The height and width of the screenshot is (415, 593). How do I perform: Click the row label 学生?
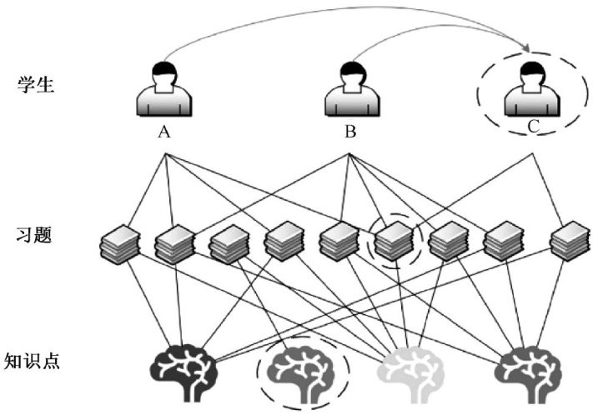[36, 84]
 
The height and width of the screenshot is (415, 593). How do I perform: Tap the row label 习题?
[33, 235]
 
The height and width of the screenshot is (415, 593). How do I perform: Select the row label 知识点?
[33, 361]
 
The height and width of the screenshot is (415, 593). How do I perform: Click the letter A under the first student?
[164, 132]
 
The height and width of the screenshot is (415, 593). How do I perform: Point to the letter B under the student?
[350, 132]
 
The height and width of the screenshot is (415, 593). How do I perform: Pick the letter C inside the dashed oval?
[533, 126]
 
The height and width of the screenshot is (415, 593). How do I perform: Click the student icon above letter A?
[164, 89]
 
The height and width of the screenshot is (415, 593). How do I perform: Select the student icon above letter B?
[352, 89]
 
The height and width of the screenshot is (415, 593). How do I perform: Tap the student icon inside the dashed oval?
[532, 89]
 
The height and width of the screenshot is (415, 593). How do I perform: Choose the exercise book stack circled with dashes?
[394, 241]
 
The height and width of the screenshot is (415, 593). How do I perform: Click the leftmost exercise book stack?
[120, 244]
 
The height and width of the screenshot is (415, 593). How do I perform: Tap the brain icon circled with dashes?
[301, 373]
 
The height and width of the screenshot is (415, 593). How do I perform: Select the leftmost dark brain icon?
[183, 373]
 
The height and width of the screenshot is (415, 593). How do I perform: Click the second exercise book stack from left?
[175, 244]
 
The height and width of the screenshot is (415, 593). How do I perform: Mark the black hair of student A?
[164, 70]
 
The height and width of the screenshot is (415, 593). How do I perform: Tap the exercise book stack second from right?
[504, 241]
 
